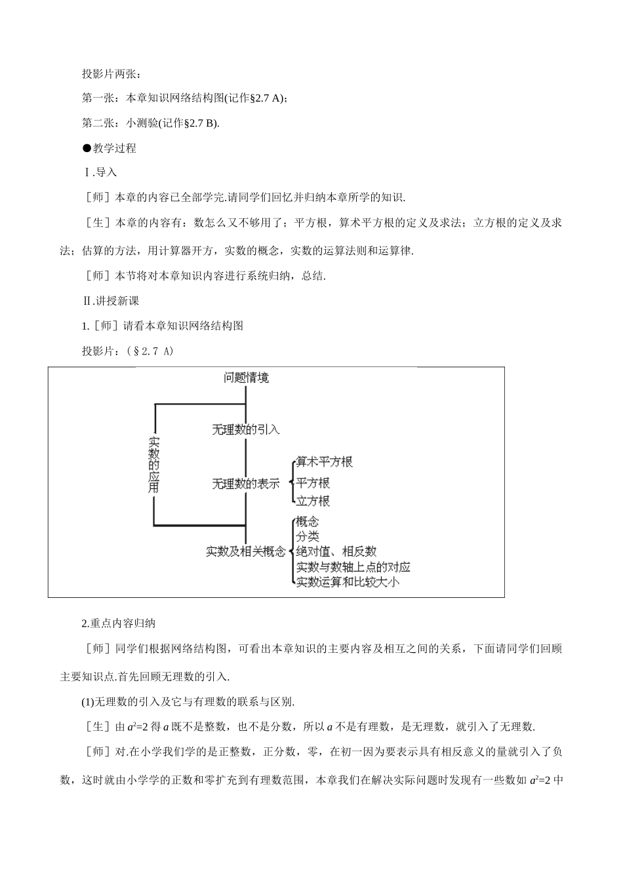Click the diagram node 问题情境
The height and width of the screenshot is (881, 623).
tap(246, 378)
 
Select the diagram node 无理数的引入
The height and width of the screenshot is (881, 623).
tap(246, 429)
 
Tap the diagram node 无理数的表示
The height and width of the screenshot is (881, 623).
tap(246, 484)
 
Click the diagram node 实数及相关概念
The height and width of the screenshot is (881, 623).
tap(246, 551)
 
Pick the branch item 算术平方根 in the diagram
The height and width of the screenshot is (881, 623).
tap(324, 462)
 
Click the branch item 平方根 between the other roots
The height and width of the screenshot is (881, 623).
tap(313, 483)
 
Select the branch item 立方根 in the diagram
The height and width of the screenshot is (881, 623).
tap(313, 501)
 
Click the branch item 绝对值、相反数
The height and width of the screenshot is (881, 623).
tap(336, 551)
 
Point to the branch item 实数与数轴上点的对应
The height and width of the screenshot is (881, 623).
tap(353, 566)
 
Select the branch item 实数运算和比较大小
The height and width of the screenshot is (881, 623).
tap(347, 581)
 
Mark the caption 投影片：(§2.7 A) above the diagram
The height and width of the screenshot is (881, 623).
tap(128, 351)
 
